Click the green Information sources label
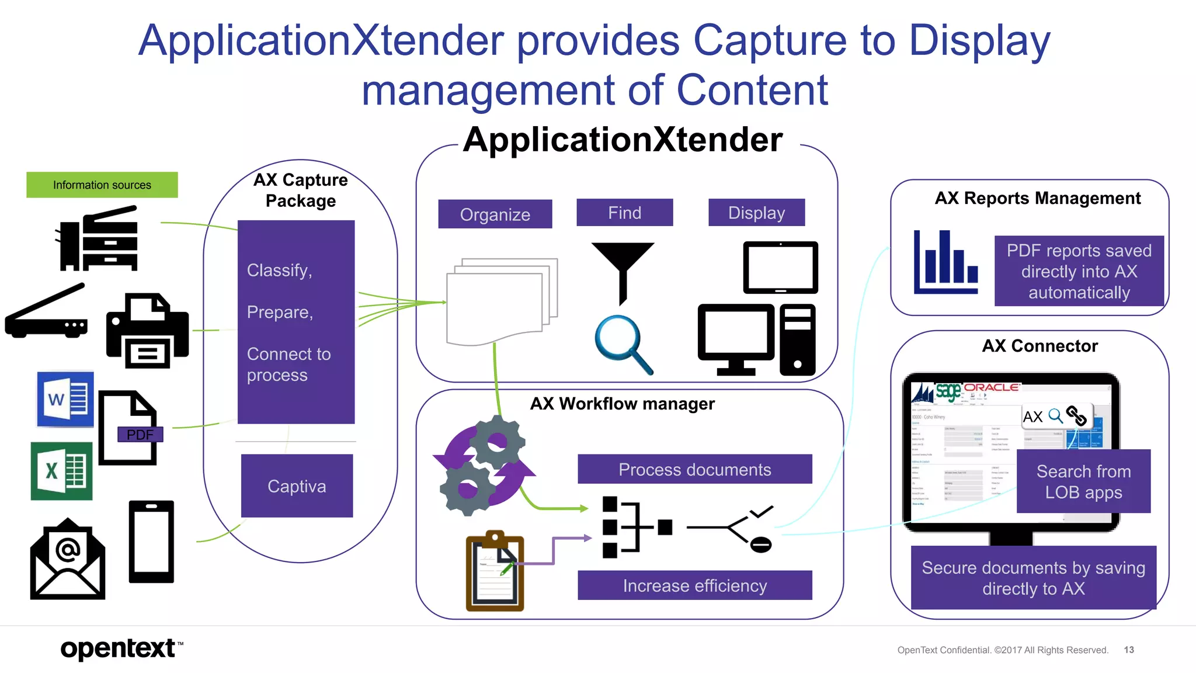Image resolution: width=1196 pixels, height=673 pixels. pyautogui.click(x=102, y=185)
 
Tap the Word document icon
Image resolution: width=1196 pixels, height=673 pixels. pyautogui.click(x=65, y=400)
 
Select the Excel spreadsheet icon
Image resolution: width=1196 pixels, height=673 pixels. pyautogui.click(x=61, y=471)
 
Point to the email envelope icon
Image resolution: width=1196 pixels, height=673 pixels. pyautogui.click(x=68, y=560)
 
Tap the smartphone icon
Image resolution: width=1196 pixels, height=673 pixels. pyautogui.click(x=151, y=542)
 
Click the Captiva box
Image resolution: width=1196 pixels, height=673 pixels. pyautogui.click(x=297, y=486)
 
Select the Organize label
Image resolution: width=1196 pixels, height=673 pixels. pyautogui.click(x=495, y=214)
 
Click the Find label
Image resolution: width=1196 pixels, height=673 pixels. pyautogui.click(x=624, y=213)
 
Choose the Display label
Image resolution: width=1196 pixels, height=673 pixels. pyautogui.click(x=756, y=213)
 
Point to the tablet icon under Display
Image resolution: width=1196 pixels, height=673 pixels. pyautogui.click(x=780, y=268)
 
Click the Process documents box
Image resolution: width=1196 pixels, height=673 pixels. pyautogui.click(x=694, y=469)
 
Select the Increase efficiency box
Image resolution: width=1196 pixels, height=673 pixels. pyautogui.click(x=694, y=585)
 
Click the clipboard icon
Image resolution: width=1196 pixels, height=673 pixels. pyautogui.click(x=495, y=573)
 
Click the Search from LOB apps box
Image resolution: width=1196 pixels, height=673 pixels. pyautogui.click(x=1083, y=481)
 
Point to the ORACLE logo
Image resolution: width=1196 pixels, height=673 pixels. pyautogui.click(x=991, y=387)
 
